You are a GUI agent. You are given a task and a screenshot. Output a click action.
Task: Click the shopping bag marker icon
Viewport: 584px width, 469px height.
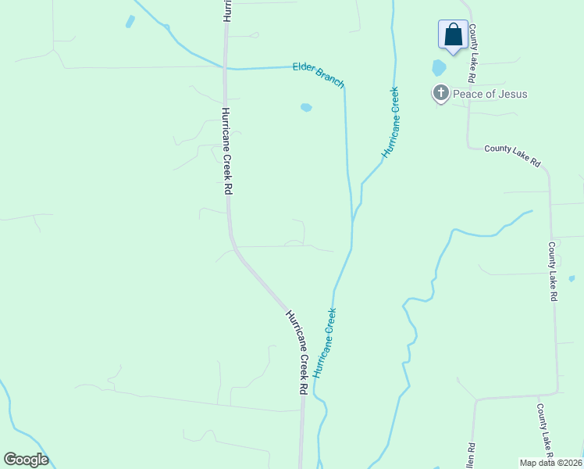coord(453,34)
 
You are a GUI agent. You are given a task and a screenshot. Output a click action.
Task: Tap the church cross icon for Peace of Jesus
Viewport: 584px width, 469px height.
coord(440,94)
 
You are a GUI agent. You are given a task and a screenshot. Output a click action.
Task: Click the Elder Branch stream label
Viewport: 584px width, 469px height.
coord(319,76)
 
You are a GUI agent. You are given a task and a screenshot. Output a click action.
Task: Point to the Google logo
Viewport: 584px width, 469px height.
coord(26,460)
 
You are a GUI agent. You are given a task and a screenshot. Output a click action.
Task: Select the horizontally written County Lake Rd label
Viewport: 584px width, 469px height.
coord(512,155)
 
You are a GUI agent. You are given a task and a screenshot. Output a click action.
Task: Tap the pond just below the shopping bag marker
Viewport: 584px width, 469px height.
coord(439,68)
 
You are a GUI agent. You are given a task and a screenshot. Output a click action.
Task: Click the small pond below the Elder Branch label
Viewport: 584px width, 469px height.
coord(306,107)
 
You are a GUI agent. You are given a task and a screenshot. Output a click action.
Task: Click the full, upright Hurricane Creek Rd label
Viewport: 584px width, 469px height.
coord(227,152)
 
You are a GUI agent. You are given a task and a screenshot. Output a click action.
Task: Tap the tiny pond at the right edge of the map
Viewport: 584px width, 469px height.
coord(572,278)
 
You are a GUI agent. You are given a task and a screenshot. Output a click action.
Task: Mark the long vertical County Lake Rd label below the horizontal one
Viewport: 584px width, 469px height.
coord(553,271)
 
